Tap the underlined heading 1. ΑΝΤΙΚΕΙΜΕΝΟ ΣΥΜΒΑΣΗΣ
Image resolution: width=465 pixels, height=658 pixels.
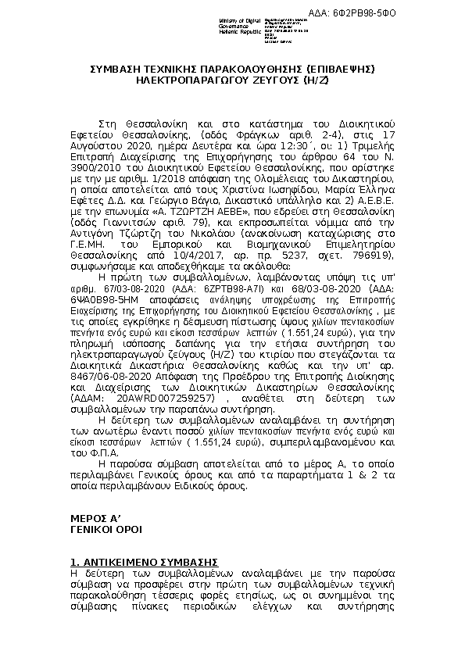pyautogui.click(x=144, y=562)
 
